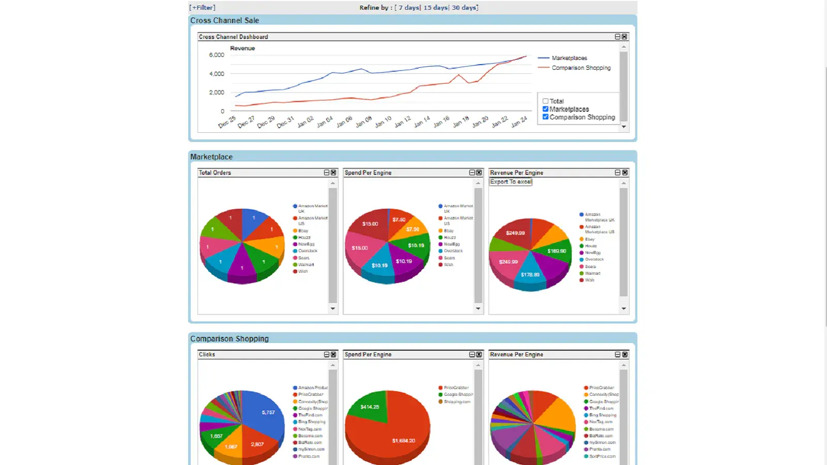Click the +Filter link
202,8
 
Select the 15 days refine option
436,8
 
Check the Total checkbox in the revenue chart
545,101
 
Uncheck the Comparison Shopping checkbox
545,117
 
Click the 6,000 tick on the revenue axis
217,55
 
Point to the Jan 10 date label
384,122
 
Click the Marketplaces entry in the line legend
569,58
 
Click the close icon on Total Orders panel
333,173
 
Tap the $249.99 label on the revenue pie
515,233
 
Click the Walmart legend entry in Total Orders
305,265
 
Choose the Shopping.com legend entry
457,401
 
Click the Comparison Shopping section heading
229,339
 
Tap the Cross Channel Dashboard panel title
233,37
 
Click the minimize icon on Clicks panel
327,354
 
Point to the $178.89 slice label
530,275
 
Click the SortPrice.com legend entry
602,456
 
